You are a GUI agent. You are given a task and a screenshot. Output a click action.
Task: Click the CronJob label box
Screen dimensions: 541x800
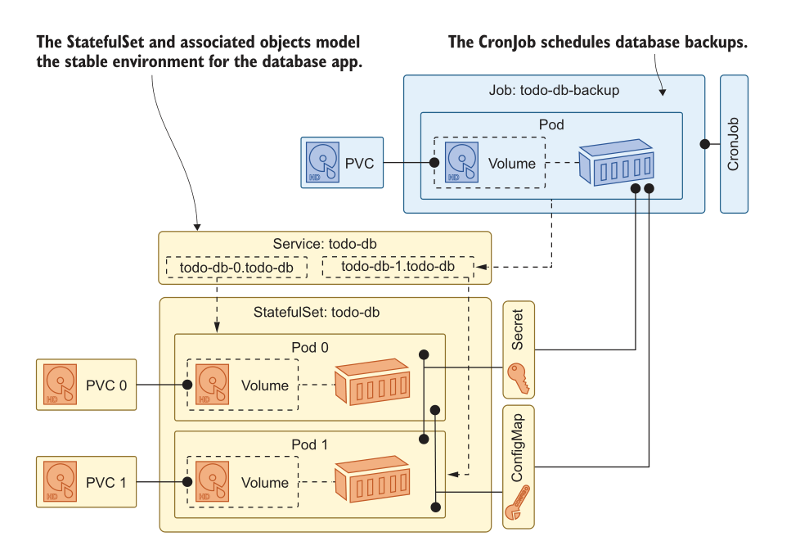734,144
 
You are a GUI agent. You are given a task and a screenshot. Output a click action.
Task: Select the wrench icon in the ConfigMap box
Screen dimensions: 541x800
519,503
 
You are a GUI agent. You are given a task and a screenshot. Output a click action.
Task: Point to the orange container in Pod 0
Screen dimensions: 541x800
373,381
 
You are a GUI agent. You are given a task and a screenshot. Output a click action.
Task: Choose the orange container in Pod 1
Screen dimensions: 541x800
373,480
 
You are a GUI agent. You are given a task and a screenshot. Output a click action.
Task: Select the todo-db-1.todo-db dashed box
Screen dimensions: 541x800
398,267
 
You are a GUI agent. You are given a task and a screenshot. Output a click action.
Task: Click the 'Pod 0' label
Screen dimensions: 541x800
310,347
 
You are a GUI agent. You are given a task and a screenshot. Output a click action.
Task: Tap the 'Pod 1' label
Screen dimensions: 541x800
310,445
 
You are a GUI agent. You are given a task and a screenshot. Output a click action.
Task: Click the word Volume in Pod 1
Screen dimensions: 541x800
265,483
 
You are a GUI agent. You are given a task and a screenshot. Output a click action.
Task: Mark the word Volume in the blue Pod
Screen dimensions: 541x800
512,163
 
